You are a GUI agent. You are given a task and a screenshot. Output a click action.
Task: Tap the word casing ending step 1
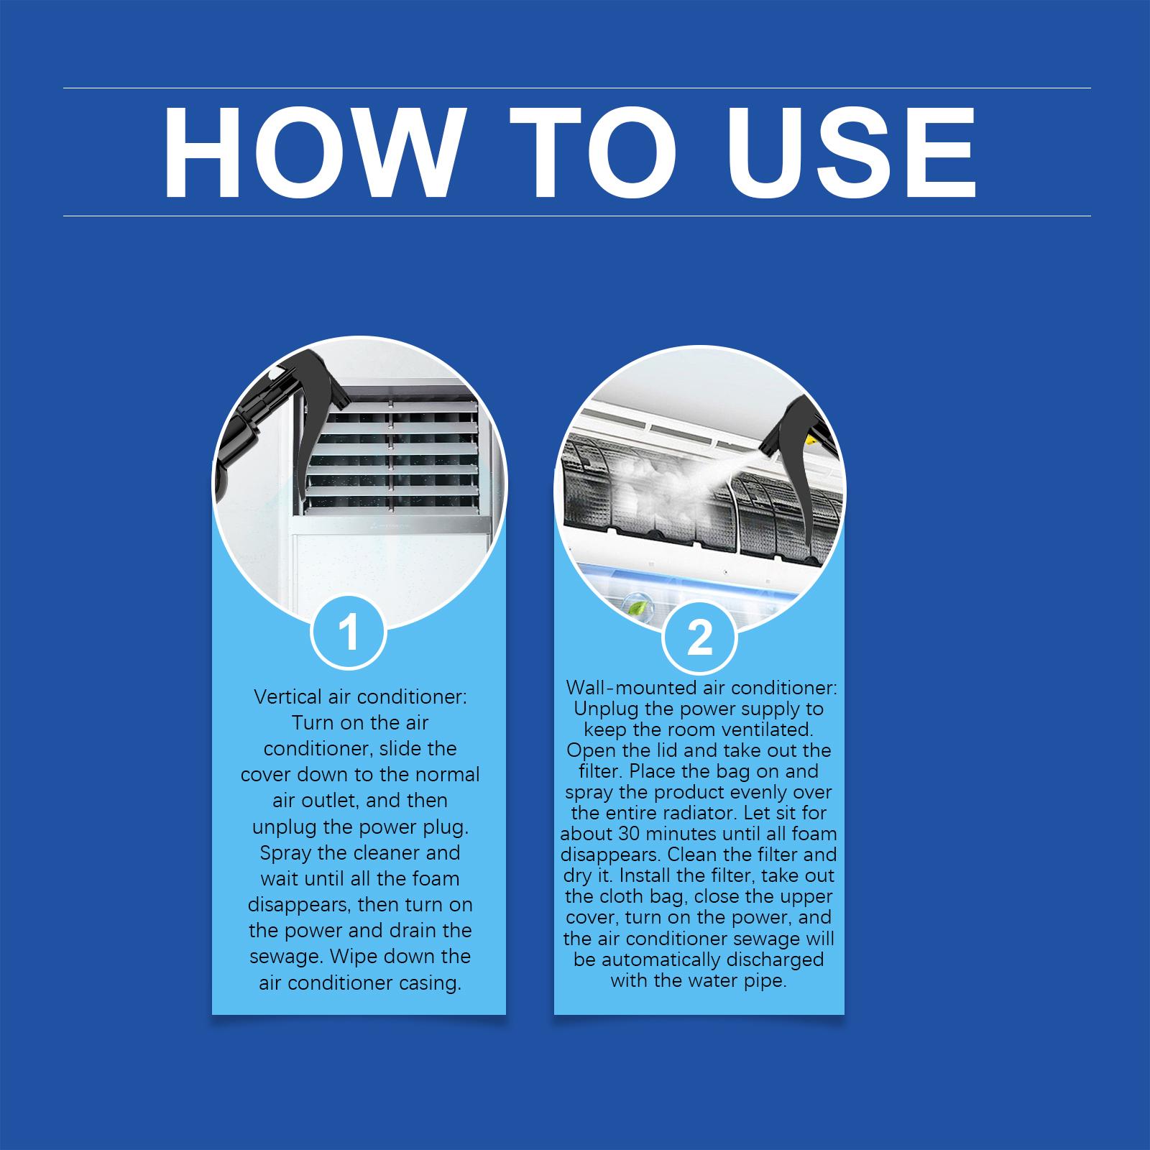(430, 983)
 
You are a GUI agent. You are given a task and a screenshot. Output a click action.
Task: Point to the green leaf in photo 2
(637, 608)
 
